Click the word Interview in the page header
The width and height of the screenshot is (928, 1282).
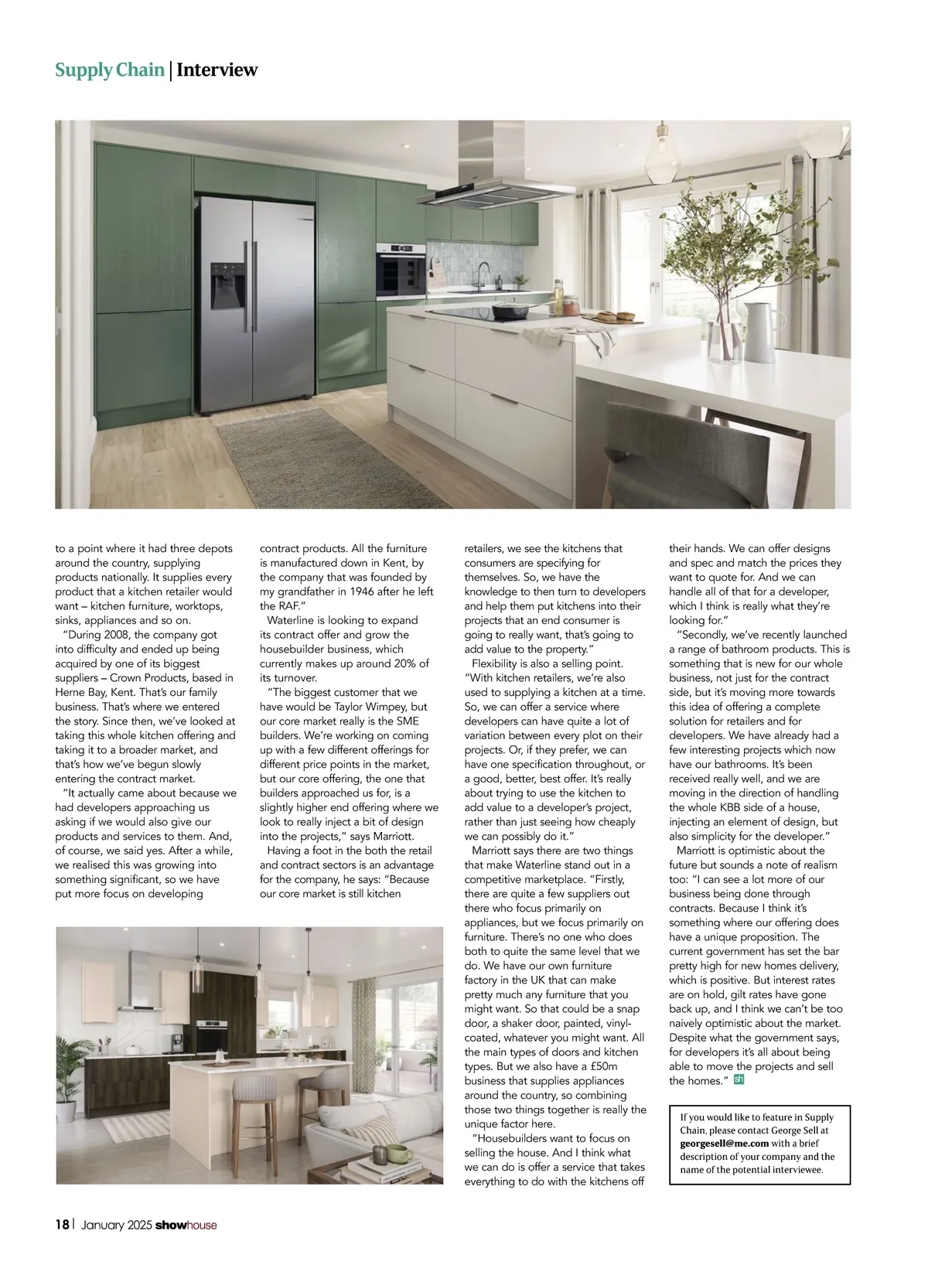[x=217, y=70]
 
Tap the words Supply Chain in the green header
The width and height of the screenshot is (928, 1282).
[x=109, y=70]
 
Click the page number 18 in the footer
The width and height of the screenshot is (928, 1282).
[x=62, y=1224]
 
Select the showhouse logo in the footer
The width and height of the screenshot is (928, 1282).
[x=186, y=1225]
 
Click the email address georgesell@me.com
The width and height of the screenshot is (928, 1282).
[x=725, y=1143]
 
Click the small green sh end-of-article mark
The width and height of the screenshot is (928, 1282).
[x=739, y=1079]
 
